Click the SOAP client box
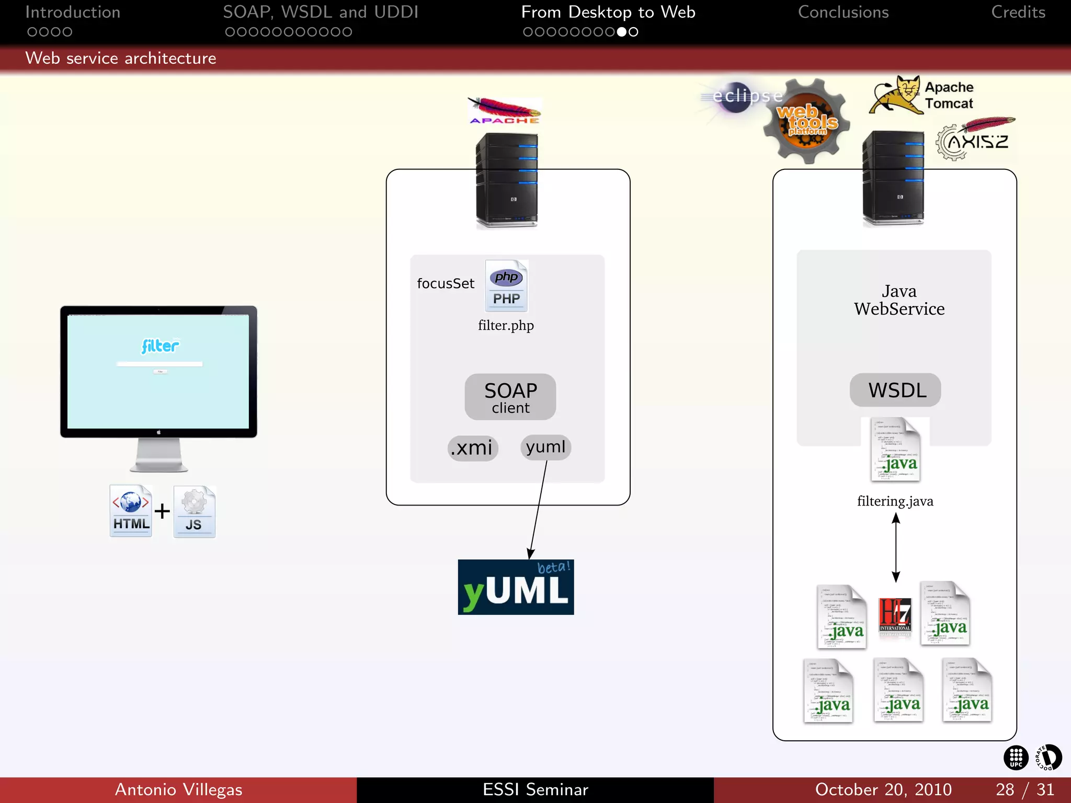(x=510, y=397)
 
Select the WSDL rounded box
(x=895, y=391)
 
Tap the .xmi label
(x=472, y=448)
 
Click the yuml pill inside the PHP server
(x=545, y=447)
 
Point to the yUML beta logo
(x=516, y=587)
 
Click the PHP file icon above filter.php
(x=506, y=286)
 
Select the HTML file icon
(x=131, y=511)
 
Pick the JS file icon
(x=194, y=512)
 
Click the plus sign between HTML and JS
(x=162, y=511)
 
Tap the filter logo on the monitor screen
(x=160, y=346)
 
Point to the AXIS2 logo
(x=976, y=140)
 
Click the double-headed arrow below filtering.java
(x=895, y=547)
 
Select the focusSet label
(x=446, y=283)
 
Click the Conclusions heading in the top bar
(x=843, y=13)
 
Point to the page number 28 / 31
(x=1024, y=789)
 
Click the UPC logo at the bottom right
(x=1016, y=758)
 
